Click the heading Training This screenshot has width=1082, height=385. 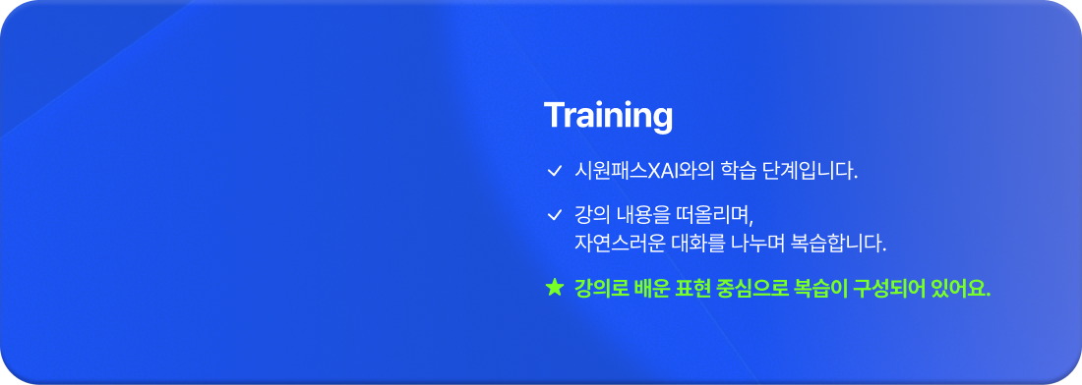[608, 116]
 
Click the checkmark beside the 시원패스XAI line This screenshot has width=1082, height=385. [554, 172]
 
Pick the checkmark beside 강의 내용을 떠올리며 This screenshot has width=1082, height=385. [554, 214]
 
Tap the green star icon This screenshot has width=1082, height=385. [554, 288]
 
